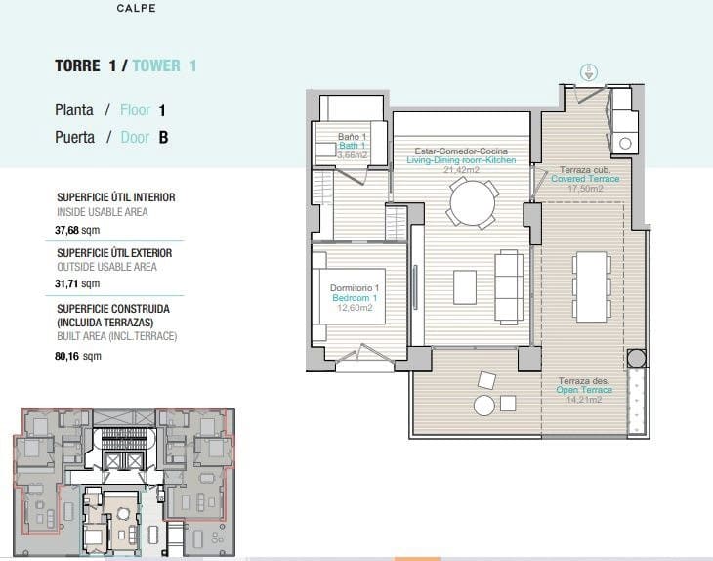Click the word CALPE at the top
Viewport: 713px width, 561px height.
(135, 8)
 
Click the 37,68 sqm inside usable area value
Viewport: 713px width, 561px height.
(78, 231)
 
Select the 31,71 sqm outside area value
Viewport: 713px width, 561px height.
(78, 283)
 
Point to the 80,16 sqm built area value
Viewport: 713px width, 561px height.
(78, 356)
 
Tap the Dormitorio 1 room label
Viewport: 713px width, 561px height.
(354, 287)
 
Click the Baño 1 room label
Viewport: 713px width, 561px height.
(352, 136)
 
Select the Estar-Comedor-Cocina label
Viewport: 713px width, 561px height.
(462, 151)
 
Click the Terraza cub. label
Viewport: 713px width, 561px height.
(584, 170)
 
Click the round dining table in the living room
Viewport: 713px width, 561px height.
(472, 203)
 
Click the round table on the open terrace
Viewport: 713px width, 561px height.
(484, 406)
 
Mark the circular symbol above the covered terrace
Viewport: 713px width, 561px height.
(589, 70)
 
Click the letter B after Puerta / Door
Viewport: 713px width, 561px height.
(163, 138)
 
